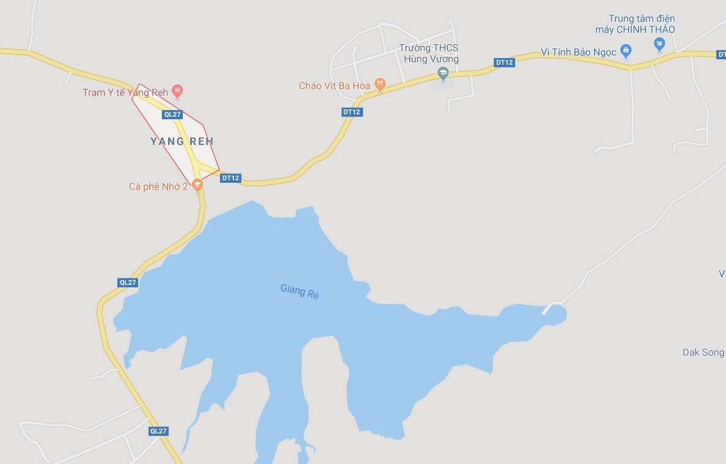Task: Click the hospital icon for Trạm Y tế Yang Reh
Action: [x=177, y=92]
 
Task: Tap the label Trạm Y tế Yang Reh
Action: [x=125, y=92]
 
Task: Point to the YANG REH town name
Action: [x=182, y=141]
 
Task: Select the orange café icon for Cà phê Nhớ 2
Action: [x=197, y=184]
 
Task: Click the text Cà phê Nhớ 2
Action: [x=158, y=186]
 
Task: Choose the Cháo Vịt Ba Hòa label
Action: [x=334, y=86]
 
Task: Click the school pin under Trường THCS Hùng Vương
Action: [x=443, y=74]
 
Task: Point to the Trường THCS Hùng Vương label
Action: [x=428, y=53]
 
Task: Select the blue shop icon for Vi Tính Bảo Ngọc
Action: [x=625, y=51]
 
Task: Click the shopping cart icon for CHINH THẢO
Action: [x=659, y=43]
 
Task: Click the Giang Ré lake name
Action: [x=300, y=290]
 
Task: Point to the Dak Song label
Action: [x=703, y=352]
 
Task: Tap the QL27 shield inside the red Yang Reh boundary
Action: [x=172, y=114]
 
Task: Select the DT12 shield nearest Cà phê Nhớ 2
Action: [x=231, y=178]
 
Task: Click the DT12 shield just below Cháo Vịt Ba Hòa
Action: [x=352, y=112]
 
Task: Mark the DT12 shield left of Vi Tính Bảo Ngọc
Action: [x=504, y=62]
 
